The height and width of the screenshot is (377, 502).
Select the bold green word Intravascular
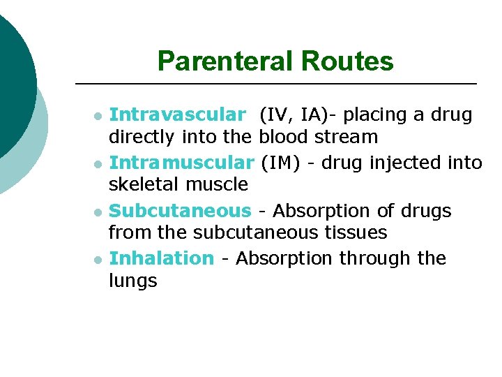178,114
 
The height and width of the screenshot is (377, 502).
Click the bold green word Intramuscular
182,163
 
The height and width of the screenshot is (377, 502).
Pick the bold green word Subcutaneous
180,210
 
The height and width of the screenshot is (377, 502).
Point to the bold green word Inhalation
162,258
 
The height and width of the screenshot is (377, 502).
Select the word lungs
133,281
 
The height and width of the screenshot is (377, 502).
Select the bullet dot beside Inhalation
99,260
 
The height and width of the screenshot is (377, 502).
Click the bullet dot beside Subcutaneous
99,212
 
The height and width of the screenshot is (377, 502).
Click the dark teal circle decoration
13,77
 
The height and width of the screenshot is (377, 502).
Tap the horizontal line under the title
275,84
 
